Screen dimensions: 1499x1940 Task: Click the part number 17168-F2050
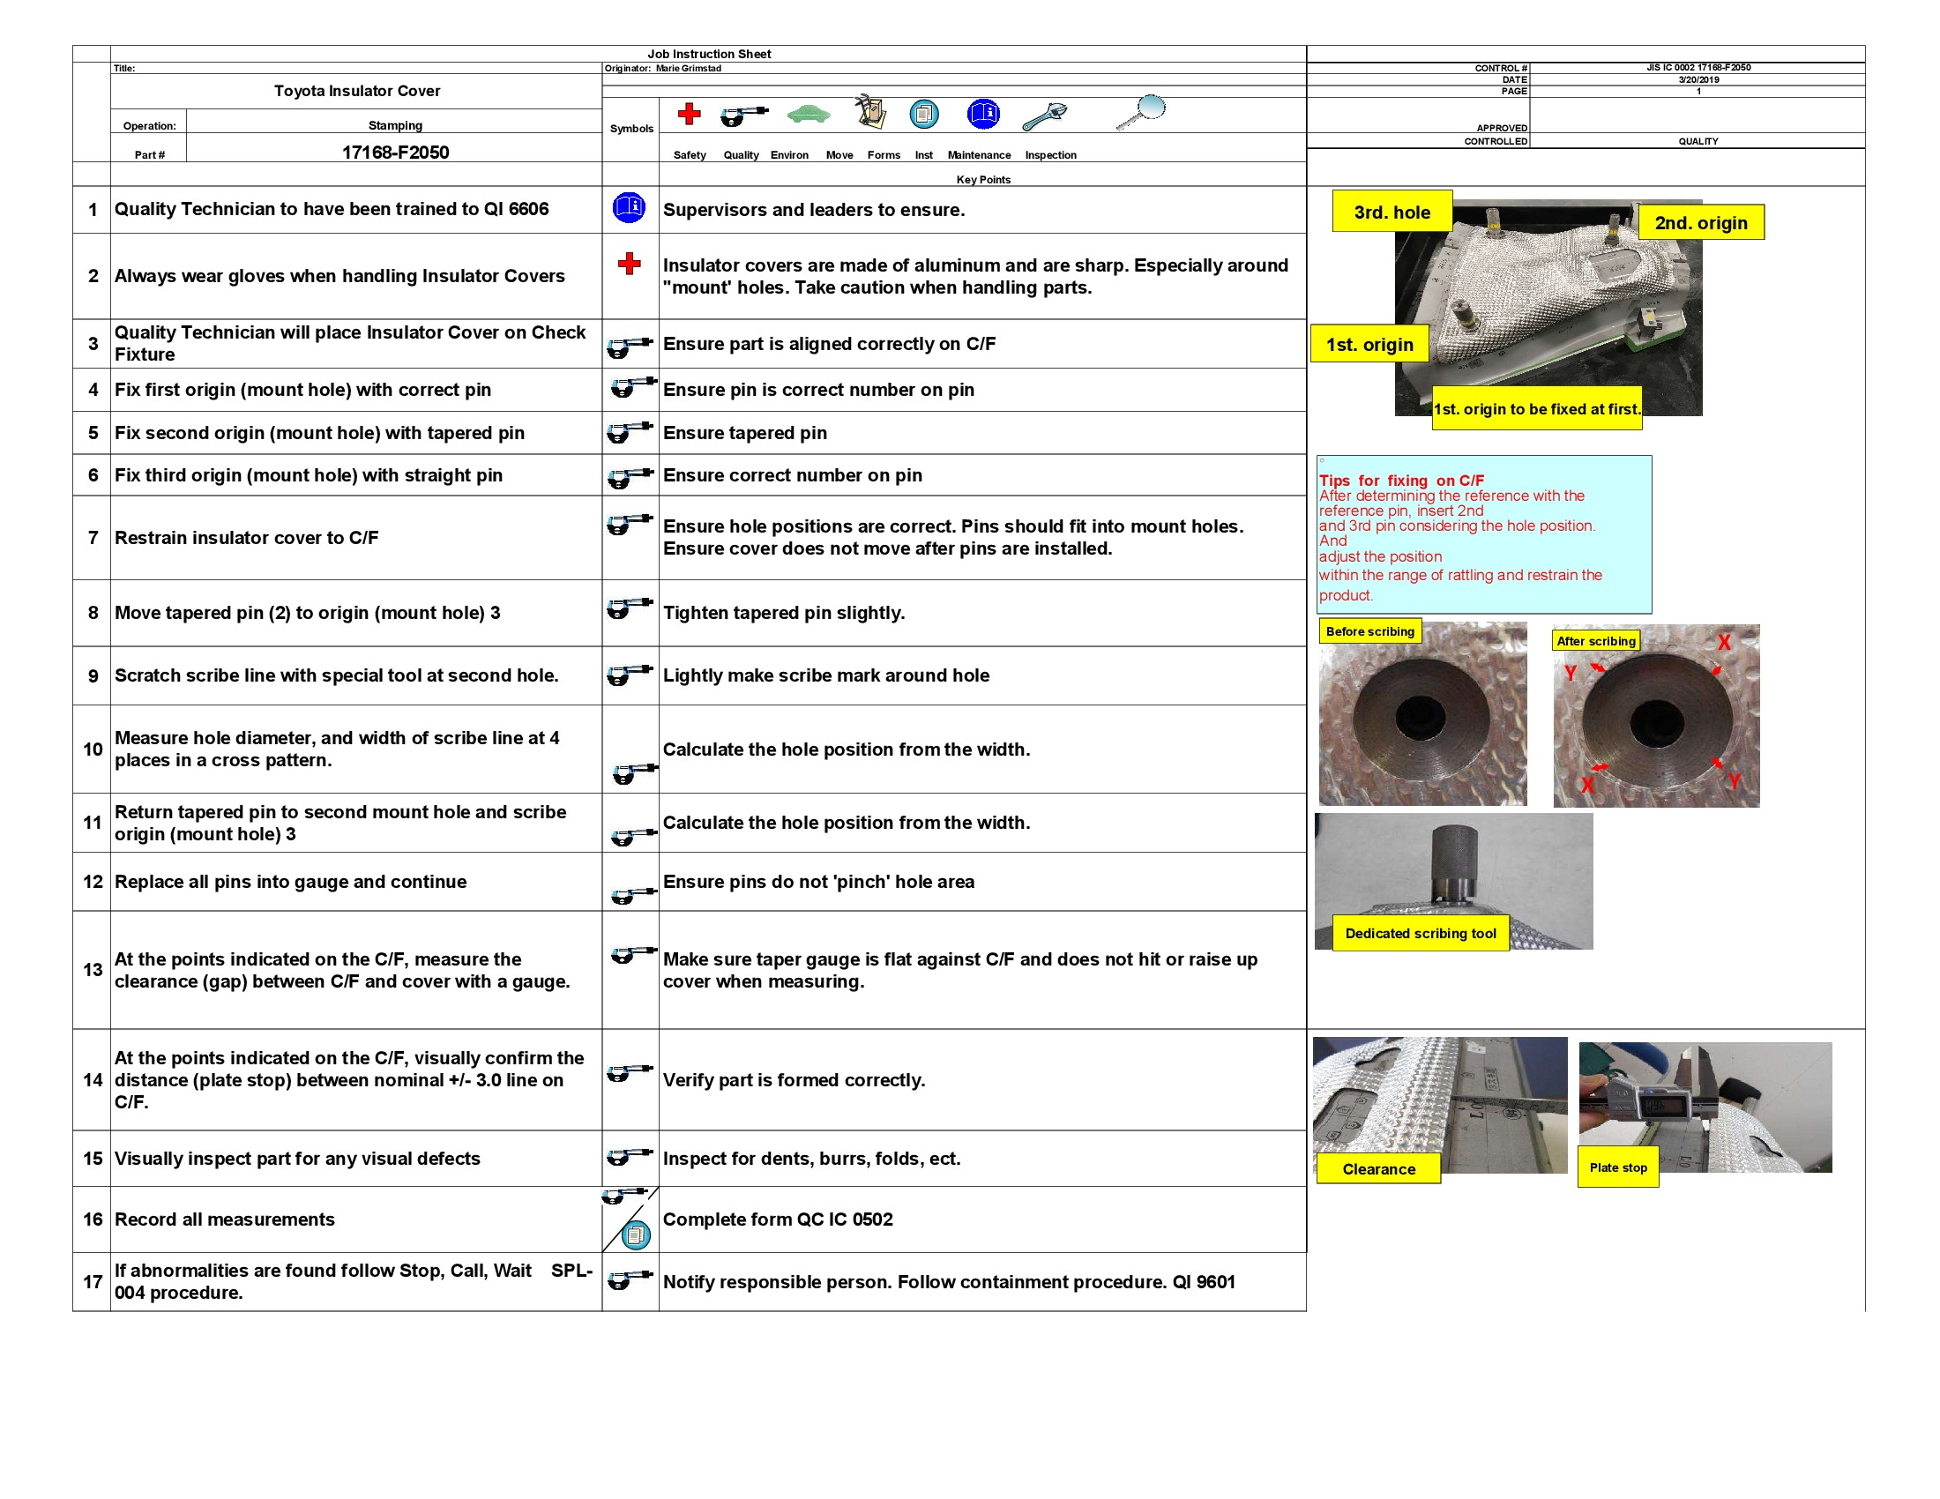(x=395, y=152)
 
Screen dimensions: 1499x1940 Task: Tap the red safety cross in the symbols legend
(x=689, y=114)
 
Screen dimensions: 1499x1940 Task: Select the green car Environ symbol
(x=809, y=114)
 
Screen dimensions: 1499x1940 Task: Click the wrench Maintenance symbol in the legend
(x=1045, y=116)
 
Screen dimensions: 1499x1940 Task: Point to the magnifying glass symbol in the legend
(x=1141, y=111)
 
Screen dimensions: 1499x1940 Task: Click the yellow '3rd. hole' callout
(x=1391, y=213)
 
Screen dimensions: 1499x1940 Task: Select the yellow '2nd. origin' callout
(x=1700, y=223)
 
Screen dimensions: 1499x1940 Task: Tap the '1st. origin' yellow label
(x=1369, y=345)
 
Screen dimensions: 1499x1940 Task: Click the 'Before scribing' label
(x=1369, y=631)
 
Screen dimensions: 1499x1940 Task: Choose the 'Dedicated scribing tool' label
(x=1420, y=933)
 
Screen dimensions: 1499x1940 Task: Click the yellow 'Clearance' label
(x=1377, y=1168)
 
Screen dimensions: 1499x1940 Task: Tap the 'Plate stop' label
(x=1617, y=1167)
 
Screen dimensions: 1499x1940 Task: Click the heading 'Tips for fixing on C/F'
(x=1401, y=481)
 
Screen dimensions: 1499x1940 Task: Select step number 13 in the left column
(x=93, y=970)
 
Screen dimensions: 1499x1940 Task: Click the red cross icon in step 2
(x=629, y=263)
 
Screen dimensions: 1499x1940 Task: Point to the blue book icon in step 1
(x=629, y=208)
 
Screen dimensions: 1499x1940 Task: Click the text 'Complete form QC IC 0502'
(x=777, y=1219)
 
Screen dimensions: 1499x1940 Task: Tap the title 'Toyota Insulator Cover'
(x=357, y=91)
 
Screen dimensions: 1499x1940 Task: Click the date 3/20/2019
(x=1697, y=80)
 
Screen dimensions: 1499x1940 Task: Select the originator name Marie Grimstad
(x=688, y=69)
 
